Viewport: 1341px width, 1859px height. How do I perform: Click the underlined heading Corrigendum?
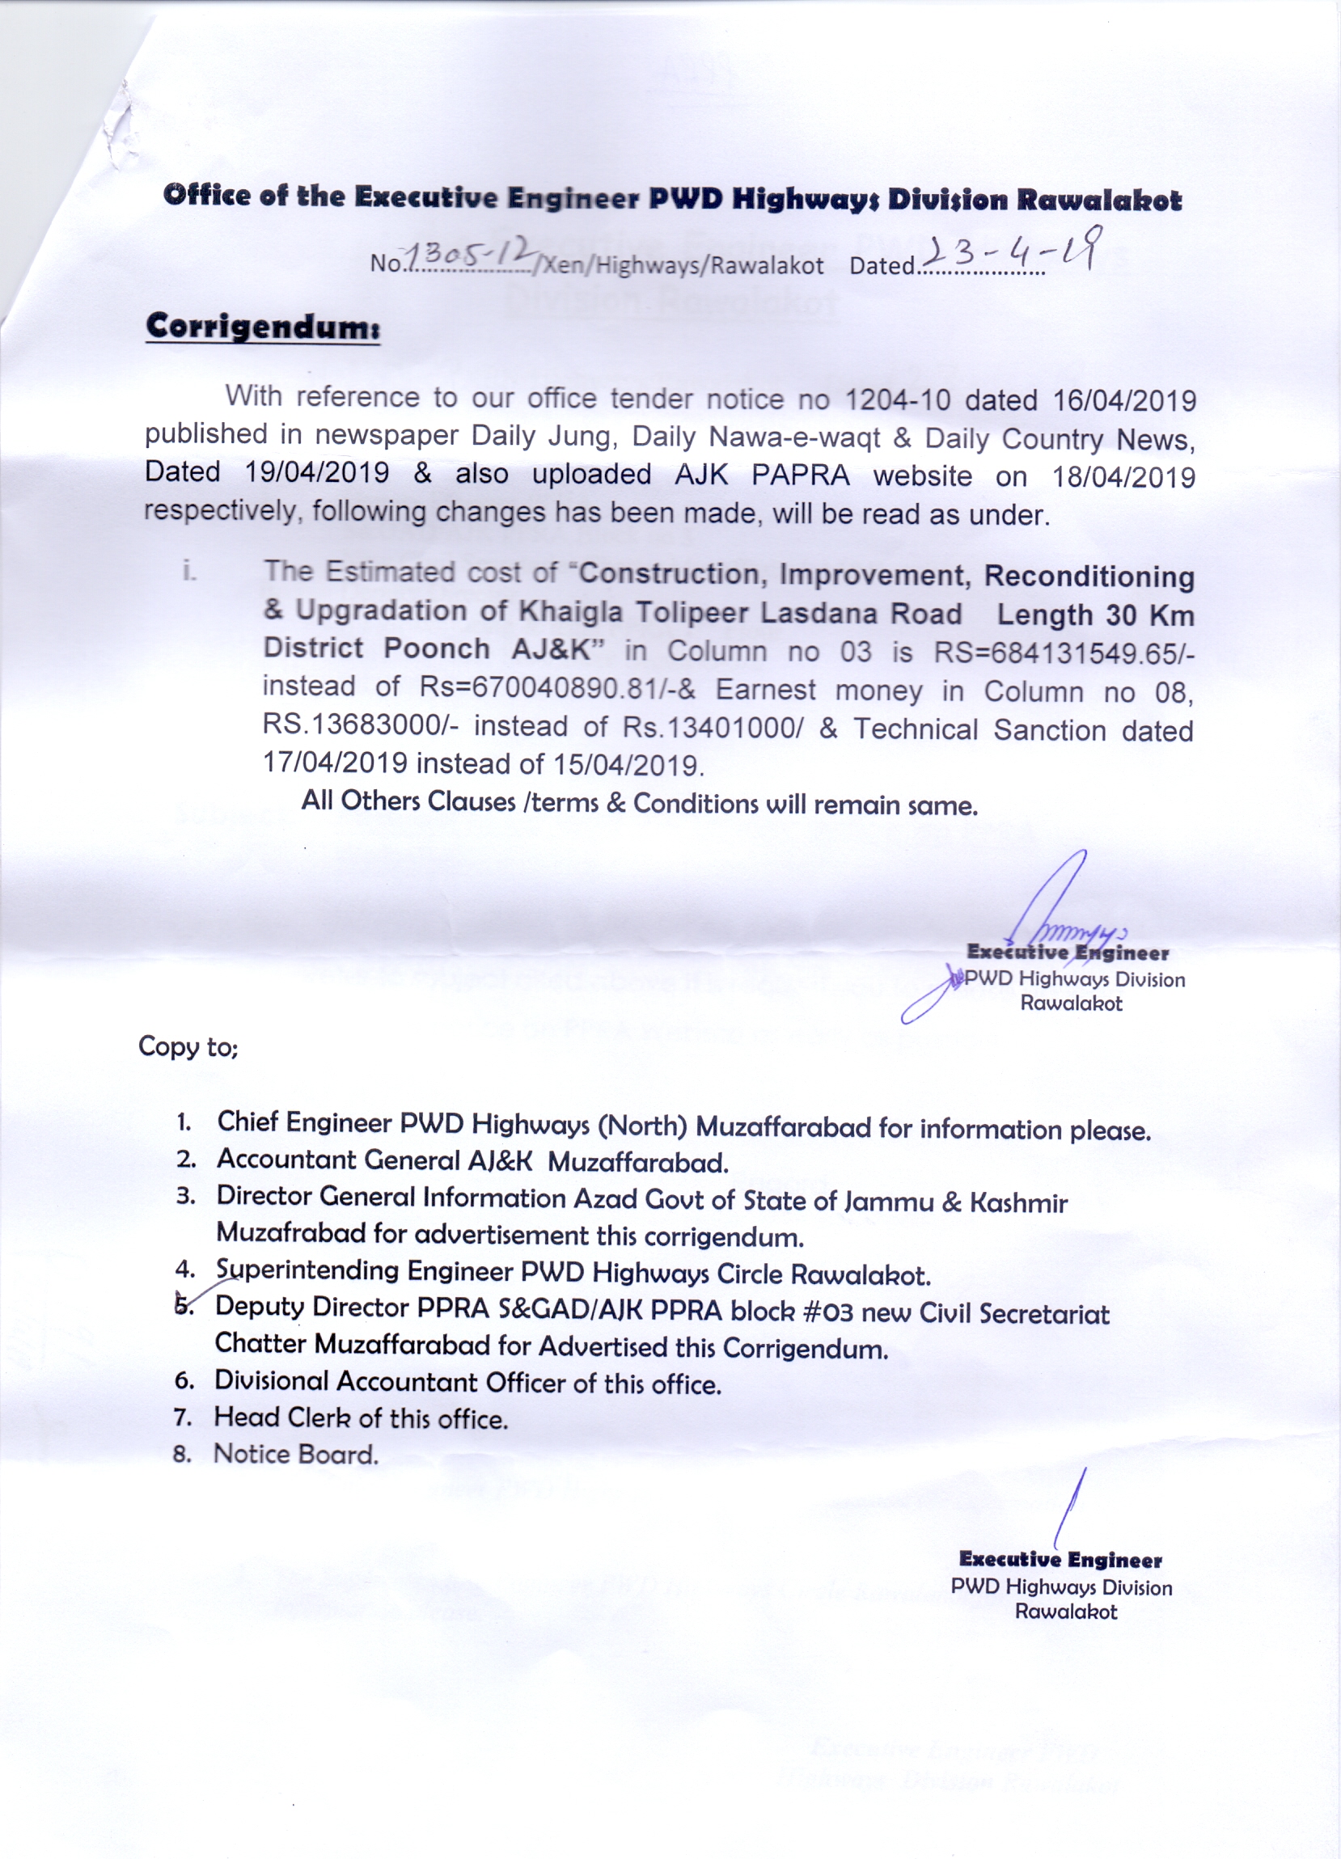pyautogui.click(x=262, y=327)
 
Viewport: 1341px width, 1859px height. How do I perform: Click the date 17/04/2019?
pyautogui.click(x=333, y=763)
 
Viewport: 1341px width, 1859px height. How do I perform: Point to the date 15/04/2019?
pyautogui.click(x=628, y=765)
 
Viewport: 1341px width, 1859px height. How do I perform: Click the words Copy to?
pyautogui.click(x=188, y=1046)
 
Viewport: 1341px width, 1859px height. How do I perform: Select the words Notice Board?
pyautogui.click(x=296, y=1454)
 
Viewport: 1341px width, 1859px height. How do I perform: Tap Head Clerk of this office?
pyautogui.click(x=361, y=1418)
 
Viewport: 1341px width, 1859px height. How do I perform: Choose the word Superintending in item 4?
pyautogui.click(x=307, y=1270)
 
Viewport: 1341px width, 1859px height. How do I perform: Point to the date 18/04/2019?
pyautogui.click(x=1123, y=477)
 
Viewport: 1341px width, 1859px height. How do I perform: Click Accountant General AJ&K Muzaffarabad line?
pyautogui.click(x=472, y=1161)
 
